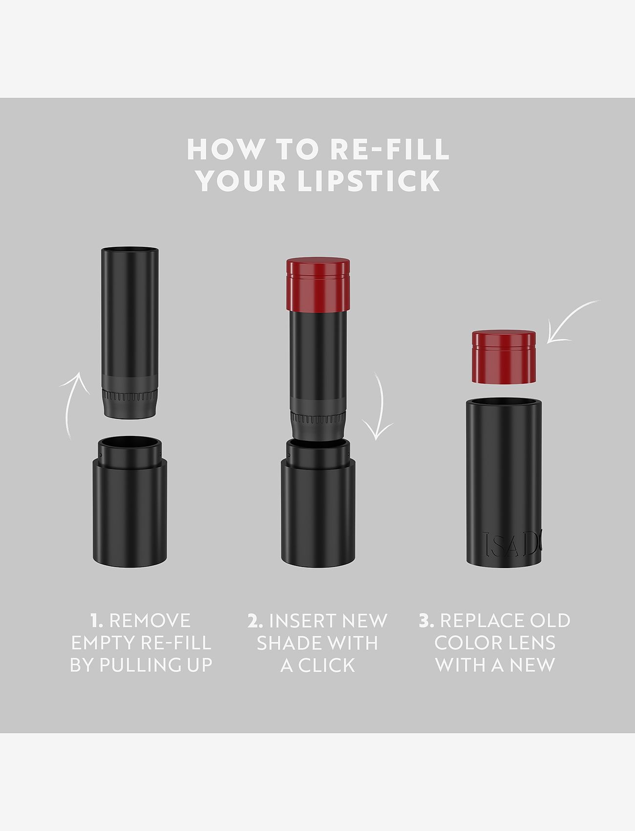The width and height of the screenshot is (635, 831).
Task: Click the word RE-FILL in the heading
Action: tap(389, 149)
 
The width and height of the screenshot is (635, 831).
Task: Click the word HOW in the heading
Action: tap(224, 149)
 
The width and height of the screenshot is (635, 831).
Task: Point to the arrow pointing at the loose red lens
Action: tap(571, 323)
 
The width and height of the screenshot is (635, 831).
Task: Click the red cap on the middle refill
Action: tap(318, 284)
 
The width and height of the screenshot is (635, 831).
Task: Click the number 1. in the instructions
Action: tap(97, 621)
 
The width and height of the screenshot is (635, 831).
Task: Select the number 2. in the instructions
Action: tap(255, 621)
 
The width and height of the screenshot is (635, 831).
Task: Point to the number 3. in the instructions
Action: tap(426, 621)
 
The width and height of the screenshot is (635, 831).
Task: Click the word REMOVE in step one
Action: tap(150, 621)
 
